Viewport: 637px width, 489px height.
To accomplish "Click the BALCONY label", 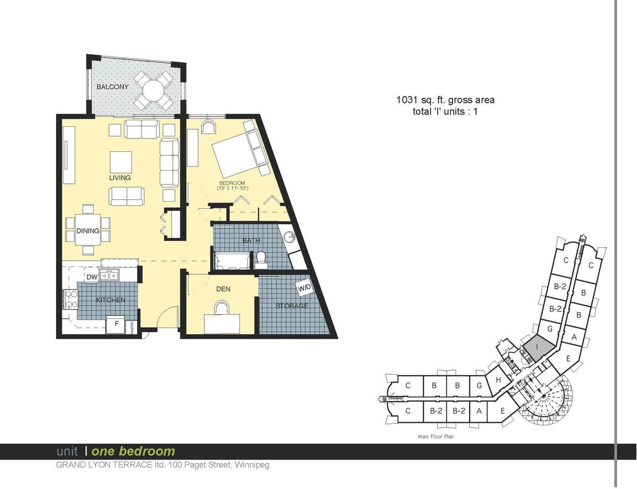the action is [113, 87].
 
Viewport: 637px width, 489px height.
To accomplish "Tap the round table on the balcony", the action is [153, 91].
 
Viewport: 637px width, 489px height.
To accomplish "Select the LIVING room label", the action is [120, 178].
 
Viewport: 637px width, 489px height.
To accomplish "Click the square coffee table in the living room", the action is [121, 162].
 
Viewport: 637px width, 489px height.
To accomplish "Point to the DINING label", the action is [88, 231].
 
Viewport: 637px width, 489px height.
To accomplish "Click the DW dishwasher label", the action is [92, 277].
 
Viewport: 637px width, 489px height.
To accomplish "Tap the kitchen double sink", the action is [109, 276].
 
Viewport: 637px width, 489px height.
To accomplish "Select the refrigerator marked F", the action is [116, 324].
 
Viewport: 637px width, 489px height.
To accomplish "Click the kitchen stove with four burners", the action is [71, 299].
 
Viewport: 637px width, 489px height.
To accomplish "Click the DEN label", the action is [223, 289].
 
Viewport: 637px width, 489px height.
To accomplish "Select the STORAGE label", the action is [292, 306].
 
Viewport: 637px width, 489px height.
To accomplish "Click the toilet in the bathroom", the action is [260, 260].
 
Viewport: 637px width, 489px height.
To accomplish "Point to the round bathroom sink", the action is [289, 236].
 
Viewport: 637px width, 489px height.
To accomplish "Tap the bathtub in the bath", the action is [232, 260].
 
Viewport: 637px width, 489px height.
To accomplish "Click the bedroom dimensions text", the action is [233, 188].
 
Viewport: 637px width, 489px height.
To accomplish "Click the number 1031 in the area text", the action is [407, 100].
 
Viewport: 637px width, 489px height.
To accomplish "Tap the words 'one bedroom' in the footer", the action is [134, 451].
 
